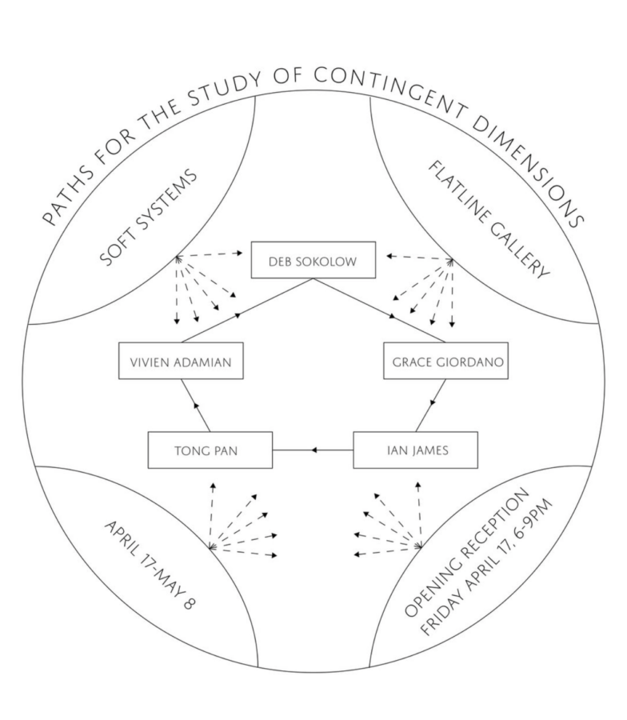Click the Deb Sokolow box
point(313,260)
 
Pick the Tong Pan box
point(210,450)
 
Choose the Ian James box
point(415,450)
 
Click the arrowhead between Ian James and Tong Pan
point(314,450)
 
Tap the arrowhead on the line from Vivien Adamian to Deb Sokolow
point(239,318)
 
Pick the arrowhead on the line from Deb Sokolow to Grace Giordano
point(392,318)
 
